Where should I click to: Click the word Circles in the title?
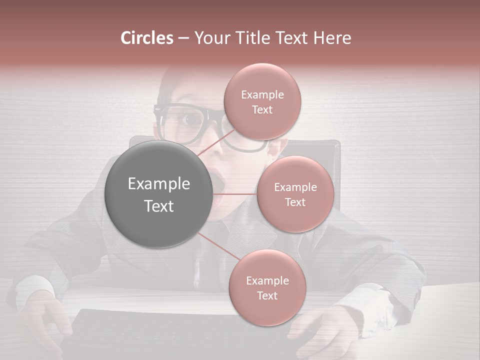click(147, 38)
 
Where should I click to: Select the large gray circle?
click(158, 194)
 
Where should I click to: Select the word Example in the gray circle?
click(158, 184)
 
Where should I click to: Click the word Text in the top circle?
click(262, 110)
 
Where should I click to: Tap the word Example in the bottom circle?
click(267, 281)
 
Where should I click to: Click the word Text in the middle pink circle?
click(295, 202)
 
